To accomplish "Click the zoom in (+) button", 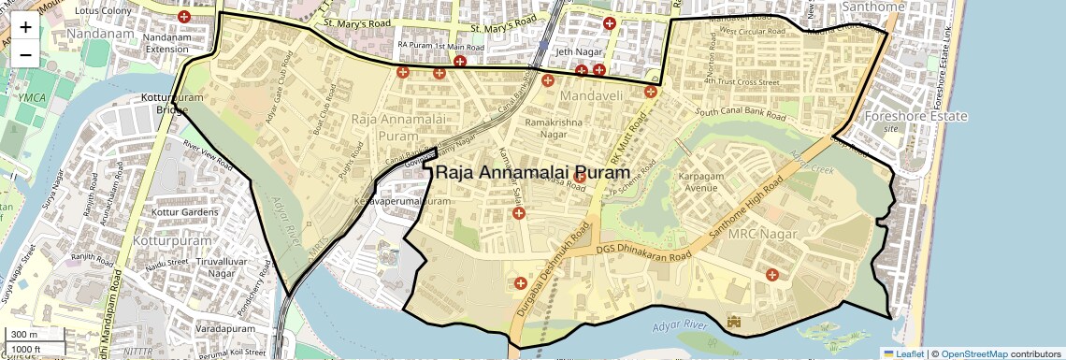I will [25, 27].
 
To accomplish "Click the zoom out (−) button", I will [25, 55].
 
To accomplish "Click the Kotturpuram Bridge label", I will [165, 103].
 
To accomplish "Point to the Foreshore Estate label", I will [915, 117].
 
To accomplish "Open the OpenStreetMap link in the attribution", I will [973, 353].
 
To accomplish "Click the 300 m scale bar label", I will [25, 335].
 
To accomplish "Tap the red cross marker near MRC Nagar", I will [771, 274].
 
